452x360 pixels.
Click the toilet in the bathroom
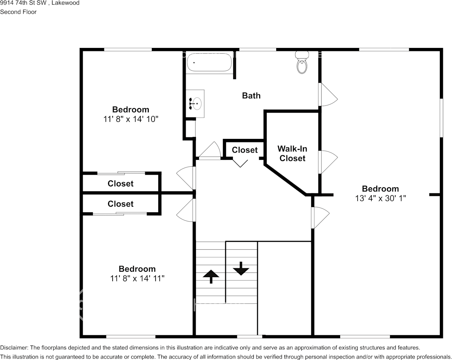point(302,63)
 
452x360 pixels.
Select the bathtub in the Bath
point(209,62)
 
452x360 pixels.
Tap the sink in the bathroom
point(196,103)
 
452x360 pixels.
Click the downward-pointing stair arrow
point(241,269)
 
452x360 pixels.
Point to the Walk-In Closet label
point(292,153)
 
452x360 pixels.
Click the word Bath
point(251,96)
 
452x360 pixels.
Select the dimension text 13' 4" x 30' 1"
point(380,198)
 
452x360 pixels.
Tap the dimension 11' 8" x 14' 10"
point(131,119)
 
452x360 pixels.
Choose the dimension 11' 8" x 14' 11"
point(137,279)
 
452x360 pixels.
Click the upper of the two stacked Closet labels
point(121,183)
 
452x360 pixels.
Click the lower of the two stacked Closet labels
point(121,204)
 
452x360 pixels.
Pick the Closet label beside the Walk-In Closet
point(245,150)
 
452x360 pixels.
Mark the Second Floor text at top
point(18,12)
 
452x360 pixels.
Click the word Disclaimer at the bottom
point(14,347)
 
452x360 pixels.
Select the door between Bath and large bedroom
point(327,95)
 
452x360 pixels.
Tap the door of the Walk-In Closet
point(327,162)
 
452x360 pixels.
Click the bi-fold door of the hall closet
point(241,163)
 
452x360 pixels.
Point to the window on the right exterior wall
point(441,118)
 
